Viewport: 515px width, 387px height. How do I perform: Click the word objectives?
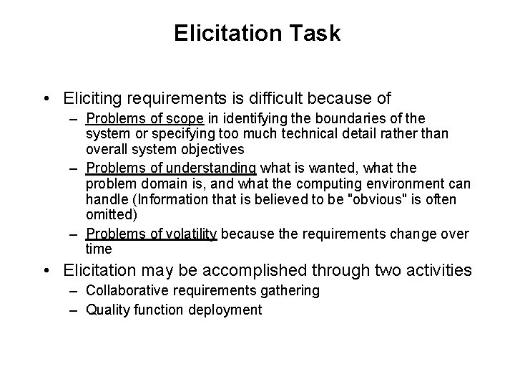211,150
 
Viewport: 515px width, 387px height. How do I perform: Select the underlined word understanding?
213,168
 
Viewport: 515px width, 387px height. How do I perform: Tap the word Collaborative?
124,291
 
